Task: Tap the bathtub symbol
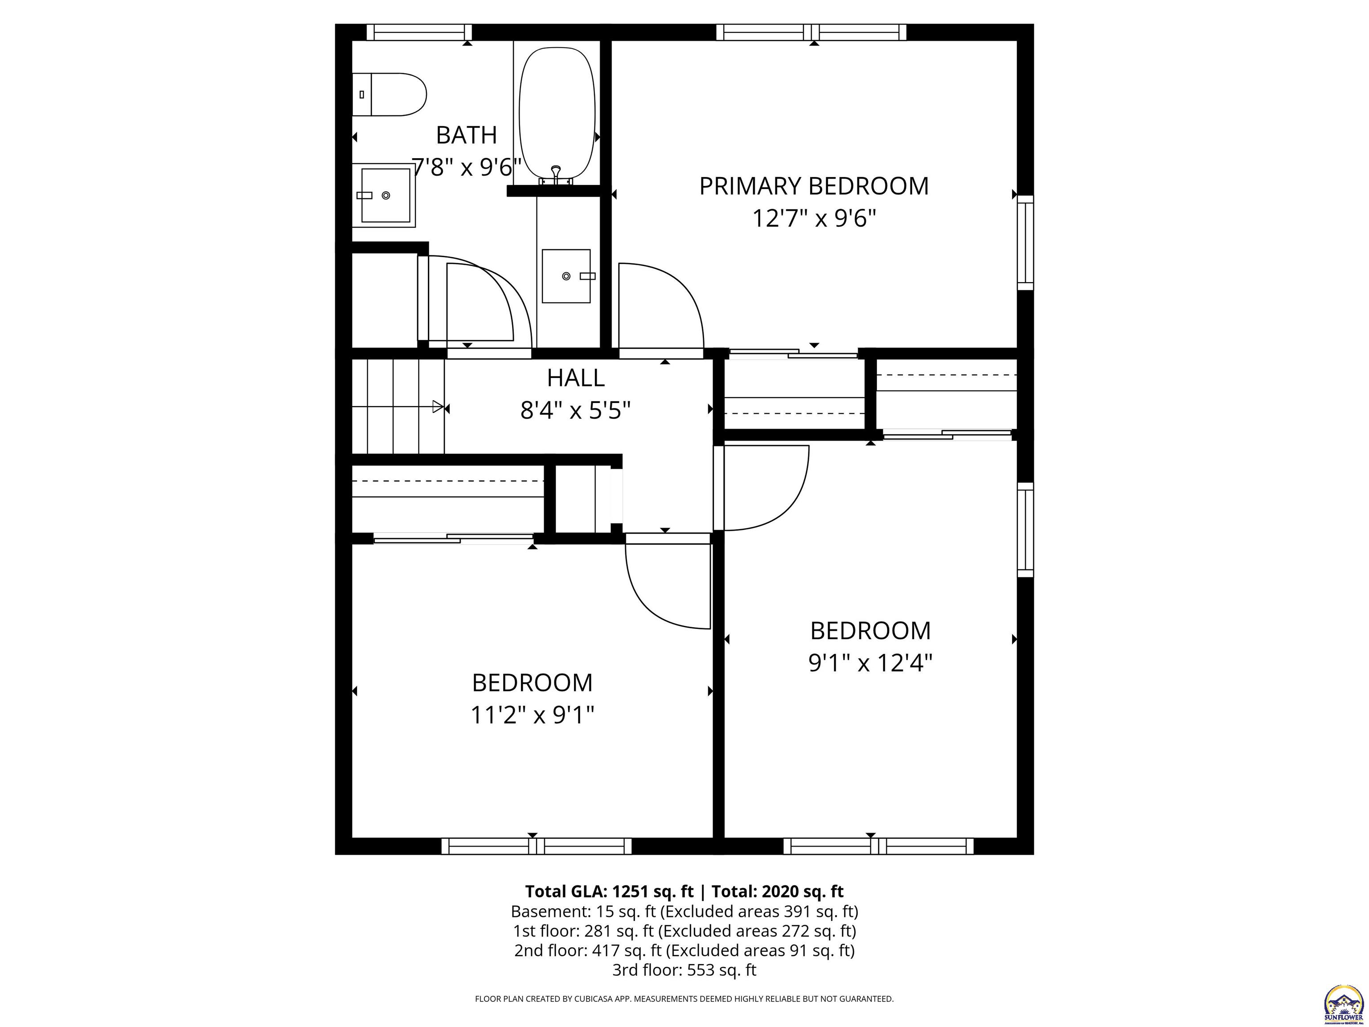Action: click(557, 115)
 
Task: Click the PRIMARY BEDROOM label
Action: click(813, 186)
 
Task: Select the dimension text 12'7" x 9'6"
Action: click(813, 218)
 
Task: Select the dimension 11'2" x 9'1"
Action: click(532, 715)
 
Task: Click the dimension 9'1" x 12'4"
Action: click(870, 663)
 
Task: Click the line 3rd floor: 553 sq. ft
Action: click(684, 970)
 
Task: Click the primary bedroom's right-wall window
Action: click(1025, 242)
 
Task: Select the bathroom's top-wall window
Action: click(419, 32)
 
